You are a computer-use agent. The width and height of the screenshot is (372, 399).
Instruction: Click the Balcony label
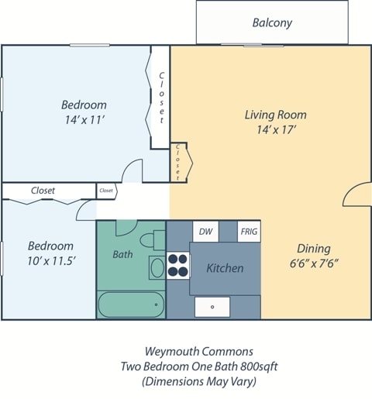click(x=272, y=22)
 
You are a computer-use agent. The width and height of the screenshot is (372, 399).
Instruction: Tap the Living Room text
click(x=275, y=115)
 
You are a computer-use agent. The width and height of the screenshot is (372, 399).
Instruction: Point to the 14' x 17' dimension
click(x=275, y=130)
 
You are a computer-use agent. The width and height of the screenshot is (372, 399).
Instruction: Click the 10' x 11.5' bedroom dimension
click(x=51, y=261)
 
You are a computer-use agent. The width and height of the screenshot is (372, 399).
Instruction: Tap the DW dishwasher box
click(x=205, y=231)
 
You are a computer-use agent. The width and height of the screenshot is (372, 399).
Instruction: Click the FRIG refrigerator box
click(x=249, y=231)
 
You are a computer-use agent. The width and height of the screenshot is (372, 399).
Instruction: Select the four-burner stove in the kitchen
click(x=179, y=265)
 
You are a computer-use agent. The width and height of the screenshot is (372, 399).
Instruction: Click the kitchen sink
click(x=212, y=307)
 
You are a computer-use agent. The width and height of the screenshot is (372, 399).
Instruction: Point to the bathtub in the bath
click(x=130, y=304)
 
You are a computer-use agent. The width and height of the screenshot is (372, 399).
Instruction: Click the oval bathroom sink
click(x=157, y=268)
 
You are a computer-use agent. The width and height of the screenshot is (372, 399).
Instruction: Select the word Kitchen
click(x=225, y=268)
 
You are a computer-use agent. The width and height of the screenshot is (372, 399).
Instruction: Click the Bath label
click(x=122, y=254)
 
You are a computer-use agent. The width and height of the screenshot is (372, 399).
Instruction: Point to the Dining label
click(x=313, y=249)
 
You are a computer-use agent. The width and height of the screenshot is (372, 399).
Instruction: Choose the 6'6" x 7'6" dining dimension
click(x=313, y=263)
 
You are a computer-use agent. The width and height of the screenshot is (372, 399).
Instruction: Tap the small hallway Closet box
click(x=106, y=190)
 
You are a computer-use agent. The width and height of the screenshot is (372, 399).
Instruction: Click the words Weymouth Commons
click(x=199, y=351)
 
